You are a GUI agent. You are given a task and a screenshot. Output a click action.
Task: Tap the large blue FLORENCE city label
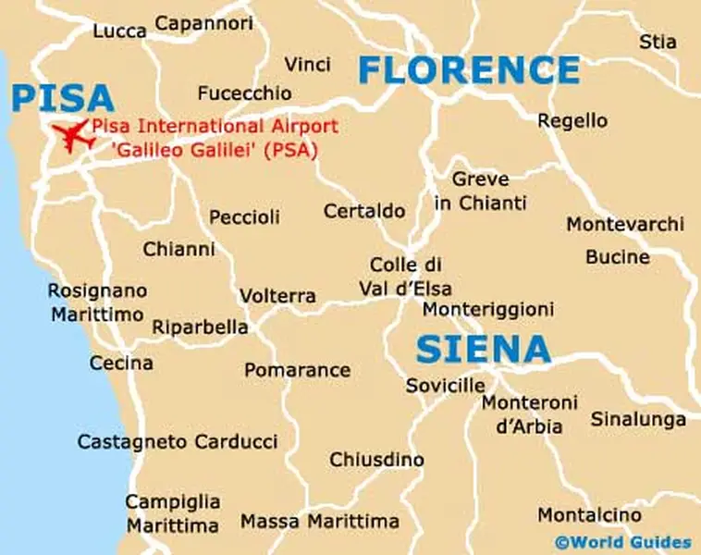pos(469,69)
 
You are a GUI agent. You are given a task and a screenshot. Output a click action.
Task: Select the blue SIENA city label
pos(483,349)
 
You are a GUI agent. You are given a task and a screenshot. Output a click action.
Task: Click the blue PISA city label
pos(63,98)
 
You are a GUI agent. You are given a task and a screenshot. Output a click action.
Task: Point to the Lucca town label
pos(119,31)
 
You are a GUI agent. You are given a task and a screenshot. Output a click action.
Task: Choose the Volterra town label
pos(277,296)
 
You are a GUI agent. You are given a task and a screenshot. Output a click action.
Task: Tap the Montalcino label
pos(589,514)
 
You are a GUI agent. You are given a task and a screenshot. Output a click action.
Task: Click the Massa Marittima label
pos(320,521)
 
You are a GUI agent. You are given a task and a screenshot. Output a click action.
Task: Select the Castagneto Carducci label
pos(178,442)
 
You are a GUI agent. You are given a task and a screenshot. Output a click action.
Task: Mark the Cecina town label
pos(121,364)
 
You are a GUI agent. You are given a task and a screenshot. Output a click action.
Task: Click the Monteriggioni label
pos(488,309)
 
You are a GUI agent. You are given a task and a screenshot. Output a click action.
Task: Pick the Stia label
pos(658,42)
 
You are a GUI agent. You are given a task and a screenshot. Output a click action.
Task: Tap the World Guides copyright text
pos(622,542)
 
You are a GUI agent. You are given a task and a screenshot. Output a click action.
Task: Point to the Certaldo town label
pos(364,212)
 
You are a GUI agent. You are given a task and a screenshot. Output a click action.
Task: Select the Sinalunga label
pos(638,419)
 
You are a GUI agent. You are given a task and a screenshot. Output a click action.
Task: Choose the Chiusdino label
pos(376,460)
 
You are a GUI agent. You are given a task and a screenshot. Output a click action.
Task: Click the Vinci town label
pos(308,65)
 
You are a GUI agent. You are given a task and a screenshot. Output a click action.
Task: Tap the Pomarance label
pos(297,370)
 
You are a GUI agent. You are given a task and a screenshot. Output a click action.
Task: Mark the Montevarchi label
pos(625,225)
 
